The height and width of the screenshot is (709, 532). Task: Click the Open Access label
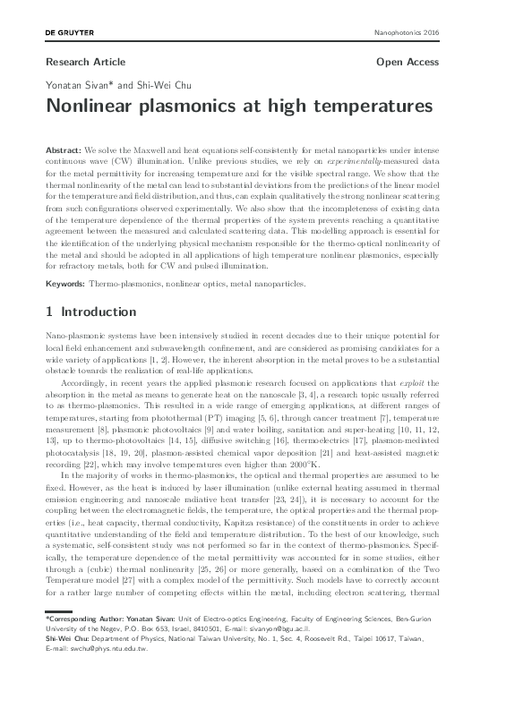point(408,63)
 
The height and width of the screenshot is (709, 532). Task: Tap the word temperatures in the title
point(369,106)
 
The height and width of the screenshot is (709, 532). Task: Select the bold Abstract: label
point(62,144)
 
